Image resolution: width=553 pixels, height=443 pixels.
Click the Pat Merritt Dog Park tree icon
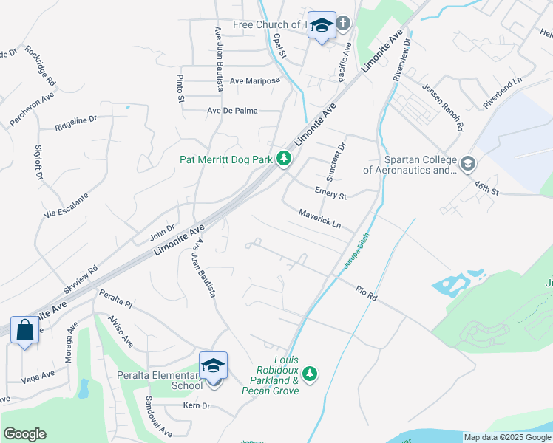283,159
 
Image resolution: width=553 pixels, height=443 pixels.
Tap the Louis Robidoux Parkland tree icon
311,375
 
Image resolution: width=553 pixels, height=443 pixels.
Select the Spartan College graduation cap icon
467,163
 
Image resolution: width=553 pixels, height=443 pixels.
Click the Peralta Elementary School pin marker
212,367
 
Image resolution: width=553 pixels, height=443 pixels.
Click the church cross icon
344,24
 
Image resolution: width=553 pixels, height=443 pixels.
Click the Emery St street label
330,194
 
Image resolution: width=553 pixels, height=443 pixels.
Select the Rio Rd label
366,293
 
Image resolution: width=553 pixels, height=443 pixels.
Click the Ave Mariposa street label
255,81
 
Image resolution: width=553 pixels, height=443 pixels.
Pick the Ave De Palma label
233,111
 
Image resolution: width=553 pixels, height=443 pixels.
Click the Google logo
25,434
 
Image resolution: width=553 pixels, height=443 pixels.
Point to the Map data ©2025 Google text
506,437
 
